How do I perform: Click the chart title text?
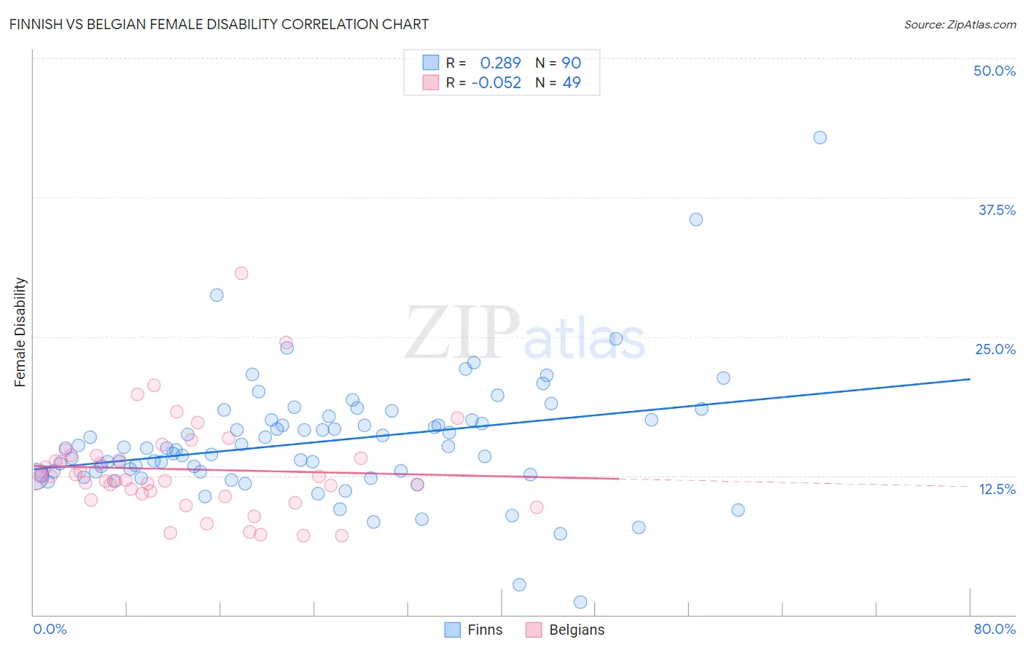[x=219, y=24]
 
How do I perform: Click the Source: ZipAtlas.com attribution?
[x=959, y=24]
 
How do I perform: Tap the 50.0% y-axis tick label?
[x=994, y=71]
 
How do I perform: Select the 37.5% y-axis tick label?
[x=997, y=210]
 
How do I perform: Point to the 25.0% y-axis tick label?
[x=995, y=349]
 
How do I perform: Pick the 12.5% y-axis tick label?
[x=997, y=489]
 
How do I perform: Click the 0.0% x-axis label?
[x=50, y=629]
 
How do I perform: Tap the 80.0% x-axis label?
[x=994, y=629]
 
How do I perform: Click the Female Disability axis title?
[x=20, y=332]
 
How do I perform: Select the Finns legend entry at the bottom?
[x=474, y=630]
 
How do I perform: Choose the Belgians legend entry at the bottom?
[x=566, y=630]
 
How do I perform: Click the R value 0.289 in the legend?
[x=500, y=63]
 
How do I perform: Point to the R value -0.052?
[x=496, y=83]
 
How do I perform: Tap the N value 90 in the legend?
[x=571, y=63]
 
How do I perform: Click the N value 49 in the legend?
[x=572, y=83]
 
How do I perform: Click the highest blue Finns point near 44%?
[x=820, y=138]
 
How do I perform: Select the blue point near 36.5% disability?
[x=696, y=219]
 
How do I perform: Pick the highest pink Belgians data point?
[x=241, y=273]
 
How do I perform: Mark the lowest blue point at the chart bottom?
[x=580, y=602]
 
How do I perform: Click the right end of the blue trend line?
[x=970, y=379]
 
